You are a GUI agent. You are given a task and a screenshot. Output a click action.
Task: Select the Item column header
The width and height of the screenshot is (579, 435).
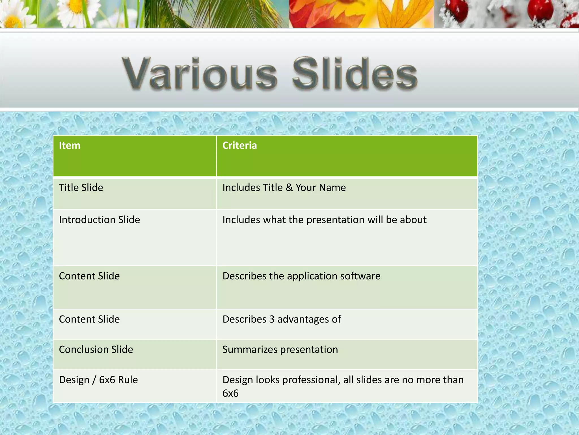70,146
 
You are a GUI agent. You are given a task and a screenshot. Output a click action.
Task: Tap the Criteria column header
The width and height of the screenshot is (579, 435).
239,146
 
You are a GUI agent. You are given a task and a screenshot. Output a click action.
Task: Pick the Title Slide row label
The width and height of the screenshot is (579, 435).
81,188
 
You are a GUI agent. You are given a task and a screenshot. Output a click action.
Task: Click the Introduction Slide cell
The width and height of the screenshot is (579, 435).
99,220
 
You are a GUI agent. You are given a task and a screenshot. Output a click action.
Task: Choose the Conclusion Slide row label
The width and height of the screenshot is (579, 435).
96,349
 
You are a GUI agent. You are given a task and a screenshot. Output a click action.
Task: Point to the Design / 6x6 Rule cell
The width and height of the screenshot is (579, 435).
98,380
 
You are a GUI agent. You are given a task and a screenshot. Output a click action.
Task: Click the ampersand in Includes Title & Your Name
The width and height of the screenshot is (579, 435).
289,188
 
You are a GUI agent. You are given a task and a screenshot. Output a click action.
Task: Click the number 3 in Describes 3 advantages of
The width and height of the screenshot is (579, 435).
272,319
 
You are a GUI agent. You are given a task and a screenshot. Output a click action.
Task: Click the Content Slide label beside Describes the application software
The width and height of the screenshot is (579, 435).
89,276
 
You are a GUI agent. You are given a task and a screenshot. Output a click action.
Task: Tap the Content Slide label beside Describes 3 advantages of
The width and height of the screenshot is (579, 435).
89,319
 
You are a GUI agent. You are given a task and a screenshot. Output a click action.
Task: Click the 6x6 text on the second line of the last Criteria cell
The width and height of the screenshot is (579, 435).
230,393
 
